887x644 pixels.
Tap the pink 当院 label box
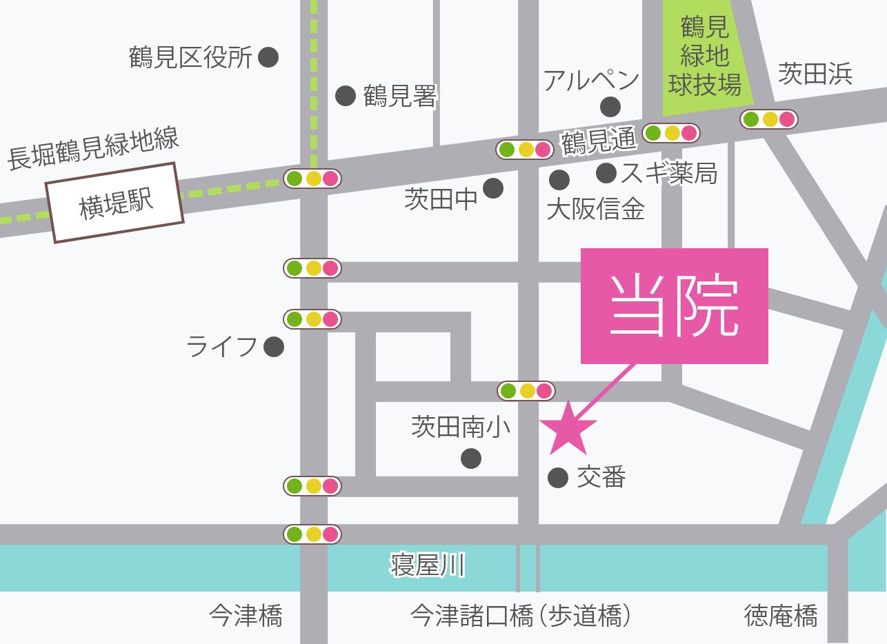point(674,305)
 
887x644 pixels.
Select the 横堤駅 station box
point(115,203)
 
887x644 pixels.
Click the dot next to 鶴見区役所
point(268,57)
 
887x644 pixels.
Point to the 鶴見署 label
point(400,97)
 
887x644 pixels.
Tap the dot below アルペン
point(610,107)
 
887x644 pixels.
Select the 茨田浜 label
point(815,74)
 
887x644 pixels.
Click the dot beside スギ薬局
point(606,173)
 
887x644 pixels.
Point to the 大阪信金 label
point(595,208)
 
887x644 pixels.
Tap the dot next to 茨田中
point(493,188)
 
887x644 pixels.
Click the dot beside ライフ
point(274,347)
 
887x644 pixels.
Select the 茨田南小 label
point(461,427)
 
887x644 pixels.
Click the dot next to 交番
point(557,477)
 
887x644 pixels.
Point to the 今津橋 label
point(246,615)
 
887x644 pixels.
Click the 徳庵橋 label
point(781,615)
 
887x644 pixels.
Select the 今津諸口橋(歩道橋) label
point(521,615)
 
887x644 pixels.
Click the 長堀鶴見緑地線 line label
point(94,149)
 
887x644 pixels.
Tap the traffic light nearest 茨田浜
point(769,119)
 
